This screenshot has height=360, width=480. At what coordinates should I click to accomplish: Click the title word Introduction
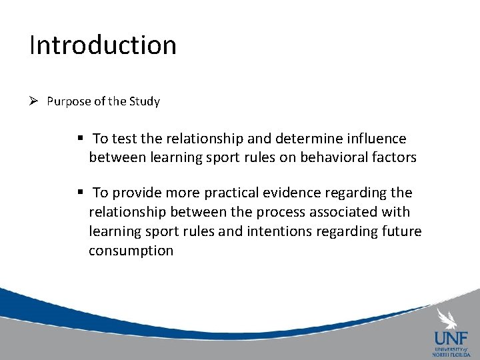pyautogui.click(x=103, y=45)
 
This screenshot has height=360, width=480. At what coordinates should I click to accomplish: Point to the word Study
pyautogui.click(x=145, y=102)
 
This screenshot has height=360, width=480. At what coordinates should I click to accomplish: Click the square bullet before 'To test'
pyautogui.click(x=79, y=138)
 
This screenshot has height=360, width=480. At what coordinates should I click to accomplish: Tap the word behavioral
pyautogui.click(x=319, y=157)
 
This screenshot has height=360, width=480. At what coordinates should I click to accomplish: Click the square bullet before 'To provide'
pyautogui.click(x=79, y=193)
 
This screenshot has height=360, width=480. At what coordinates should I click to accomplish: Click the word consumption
pyautogui.click(x=131, y=251)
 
